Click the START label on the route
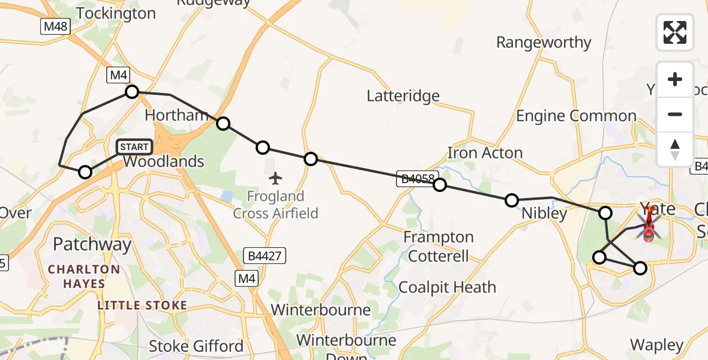click(x=134, y=146)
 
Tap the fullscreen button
click(x=675, y=32)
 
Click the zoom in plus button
click(x=675, y=79)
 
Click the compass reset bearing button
click(x=675, y=149)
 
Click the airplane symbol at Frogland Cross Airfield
click(x=275, y=178)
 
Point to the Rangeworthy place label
click(x=544, y=43)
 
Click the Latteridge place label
click(x=403, y=96)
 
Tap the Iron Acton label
click(x=485, y=152)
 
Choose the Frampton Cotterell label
click(x=439, y=246)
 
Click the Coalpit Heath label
click(x=447, y=287)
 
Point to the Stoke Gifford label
click(x=196, y=346)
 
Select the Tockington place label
click(x=116, y=13)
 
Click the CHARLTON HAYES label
click(x=84, y=276)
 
